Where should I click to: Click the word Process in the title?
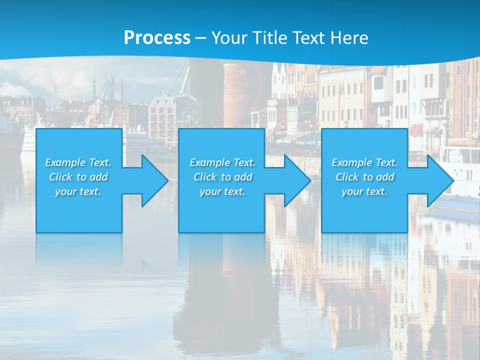click(157, 38)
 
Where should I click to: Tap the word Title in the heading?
click(269, 38)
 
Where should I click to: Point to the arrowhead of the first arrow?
click(155, 180)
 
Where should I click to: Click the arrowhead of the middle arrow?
click(297, 180)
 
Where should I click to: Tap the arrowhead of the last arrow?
click(440, 180)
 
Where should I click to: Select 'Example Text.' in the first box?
click(78, 162)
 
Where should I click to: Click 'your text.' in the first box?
click(78, 191)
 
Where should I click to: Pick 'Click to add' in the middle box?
click(222, 177)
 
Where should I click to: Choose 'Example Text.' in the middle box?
click(222, 162)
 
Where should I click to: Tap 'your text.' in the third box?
click(364, 191)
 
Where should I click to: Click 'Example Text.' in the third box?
click(364, 162)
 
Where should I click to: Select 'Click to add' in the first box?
click(78, 177)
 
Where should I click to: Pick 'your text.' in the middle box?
click(222, 191)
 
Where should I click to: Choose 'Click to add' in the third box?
click(364, 177)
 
